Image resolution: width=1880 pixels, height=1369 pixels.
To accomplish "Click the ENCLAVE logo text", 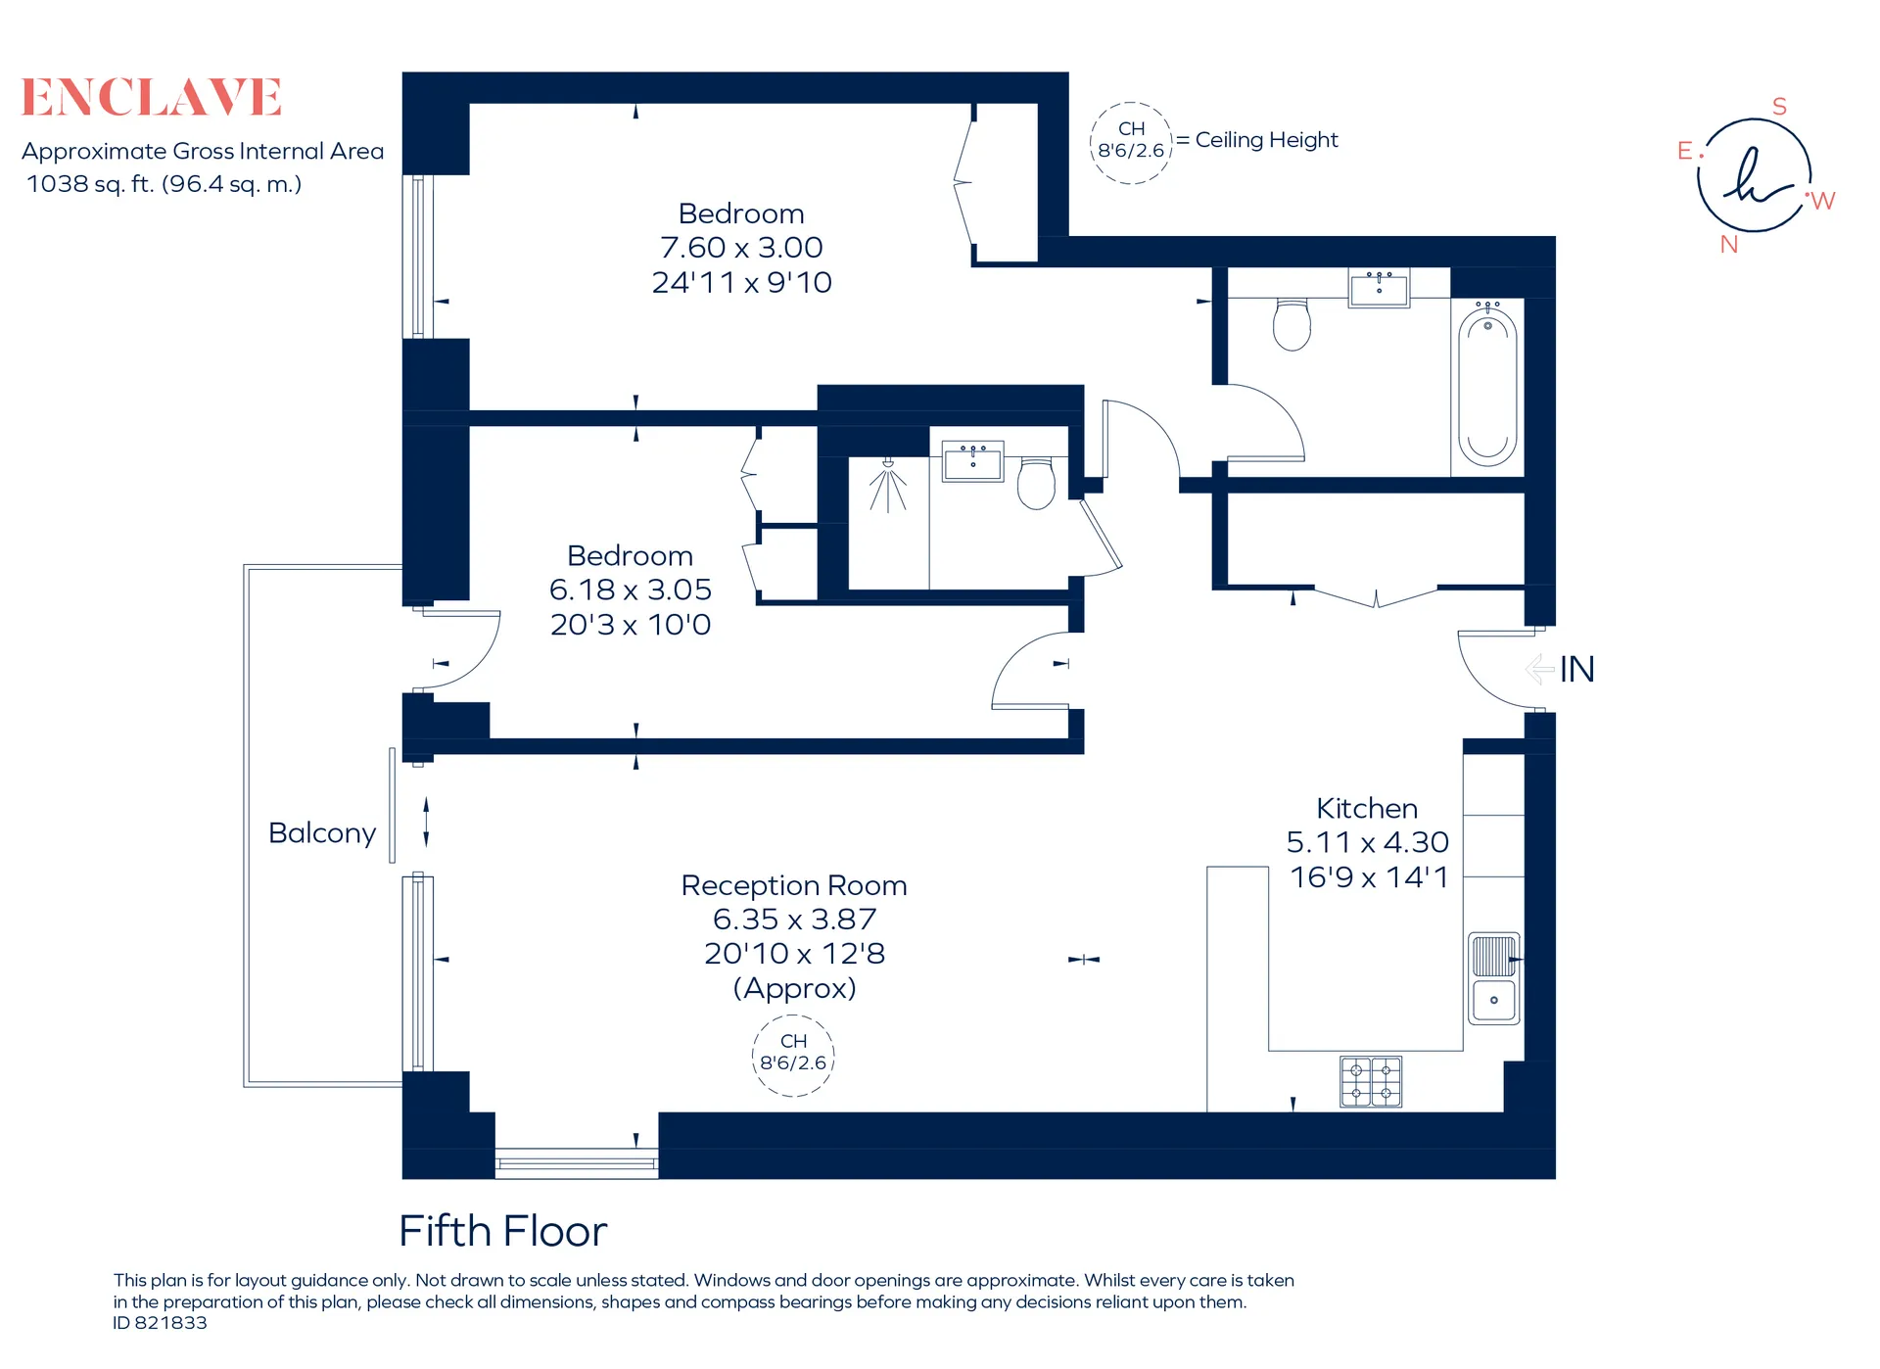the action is click(152, 97).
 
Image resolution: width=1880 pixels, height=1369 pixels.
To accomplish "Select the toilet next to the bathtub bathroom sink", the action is click(1292, 324).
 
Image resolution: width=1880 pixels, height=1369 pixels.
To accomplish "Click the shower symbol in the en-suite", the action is click(888, 486).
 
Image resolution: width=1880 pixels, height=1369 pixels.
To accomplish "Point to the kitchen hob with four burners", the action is click(1371, 1081).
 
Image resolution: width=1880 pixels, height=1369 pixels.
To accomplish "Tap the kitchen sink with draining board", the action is click(1494, 978).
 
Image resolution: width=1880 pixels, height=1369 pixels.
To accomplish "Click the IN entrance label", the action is click(1576, 670).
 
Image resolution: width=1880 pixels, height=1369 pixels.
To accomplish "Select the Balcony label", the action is click(322, 833).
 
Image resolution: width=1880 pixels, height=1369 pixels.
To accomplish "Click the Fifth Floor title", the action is click(503, 1231).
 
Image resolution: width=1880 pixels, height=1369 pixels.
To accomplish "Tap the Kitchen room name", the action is click(1367, 808).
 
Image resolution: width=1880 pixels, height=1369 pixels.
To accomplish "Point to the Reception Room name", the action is click(794, 885).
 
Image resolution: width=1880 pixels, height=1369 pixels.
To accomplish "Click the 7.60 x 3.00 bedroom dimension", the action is click(741, 247).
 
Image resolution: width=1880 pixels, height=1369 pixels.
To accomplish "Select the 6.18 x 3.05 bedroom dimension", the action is click(630, 590).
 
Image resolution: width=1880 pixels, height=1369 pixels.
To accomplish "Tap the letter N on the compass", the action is click(1729, 245).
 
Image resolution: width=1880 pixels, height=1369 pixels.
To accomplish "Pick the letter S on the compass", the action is click(1779, 107).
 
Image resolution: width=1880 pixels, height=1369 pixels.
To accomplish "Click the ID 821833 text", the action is click(160, 1323).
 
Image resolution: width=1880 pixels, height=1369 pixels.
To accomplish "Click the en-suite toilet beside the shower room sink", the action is click(1036, 483).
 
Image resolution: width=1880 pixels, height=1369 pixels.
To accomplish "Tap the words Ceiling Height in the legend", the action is click(1266, 140).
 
